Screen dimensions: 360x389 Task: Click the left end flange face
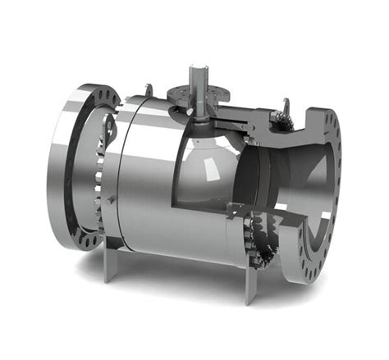tap(66, 164)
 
